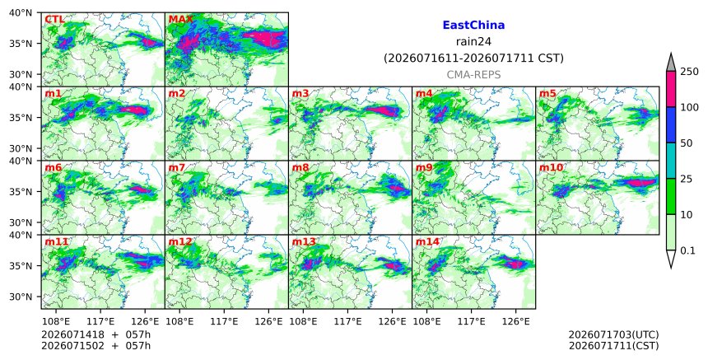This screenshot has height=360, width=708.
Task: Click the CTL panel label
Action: [x=54, y=20]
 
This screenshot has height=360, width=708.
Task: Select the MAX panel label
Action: [x=180, y=20]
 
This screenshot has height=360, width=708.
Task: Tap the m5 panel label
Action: [x=547, y=93]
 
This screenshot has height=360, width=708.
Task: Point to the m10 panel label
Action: [x=551, y=167]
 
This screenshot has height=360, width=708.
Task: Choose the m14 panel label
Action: [x=427, y=241]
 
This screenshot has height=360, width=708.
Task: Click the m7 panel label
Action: [x=176, y=167]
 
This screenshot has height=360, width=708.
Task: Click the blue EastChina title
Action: [x=473, y=26]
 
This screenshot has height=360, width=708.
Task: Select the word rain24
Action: [x=473, y=42]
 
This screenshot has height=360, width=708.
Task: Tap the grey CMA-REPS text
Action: [x=473, y=75]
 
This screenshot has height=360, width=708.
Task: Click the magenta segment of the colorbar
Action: [x=670, y=89]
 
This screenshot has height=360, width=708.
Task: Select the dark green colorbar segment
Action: [x=670, y=197]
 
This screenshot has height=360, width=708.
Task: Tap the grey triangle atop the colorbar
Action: [x=670, y=63]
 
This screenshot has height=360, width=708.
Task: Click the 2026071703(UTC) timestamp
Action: [x=613, y=334]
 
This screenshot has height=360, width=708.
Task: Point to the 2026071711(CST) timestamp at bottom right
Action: [x=613, y=346]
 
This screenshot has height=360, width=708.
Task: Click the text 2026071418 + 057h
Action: [x=95, y=334]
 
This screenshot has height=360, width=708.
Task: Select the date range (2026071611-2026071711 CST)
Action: [x=473, y=58]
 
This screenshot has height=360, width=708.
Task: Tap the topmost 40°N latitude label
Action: [x=21, y=12]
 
